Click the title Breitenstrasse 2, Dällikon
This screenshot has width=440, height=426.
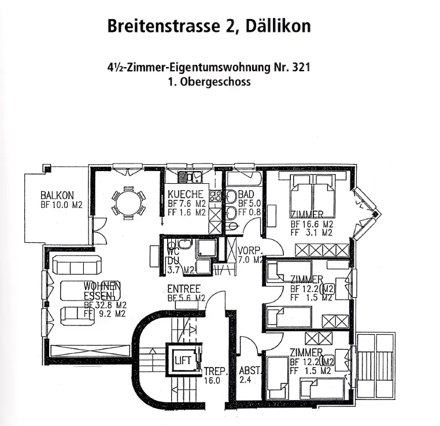209,26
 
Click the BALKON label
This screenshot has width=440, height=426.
57,195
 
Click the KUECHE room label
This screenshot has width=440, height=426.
186,194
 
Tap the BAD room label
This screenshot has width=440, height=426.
246,194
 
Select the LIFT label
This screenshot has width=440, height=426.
183,361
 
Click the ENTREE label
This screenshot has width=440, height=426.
184,289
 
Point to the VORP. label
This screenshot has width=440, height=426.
250,251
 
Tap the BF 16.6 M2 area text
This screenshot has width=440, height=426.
312,224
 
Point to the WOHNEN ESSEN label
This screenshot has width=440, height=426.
102,290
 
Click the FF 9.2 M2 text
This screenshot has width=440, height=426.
105,314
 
